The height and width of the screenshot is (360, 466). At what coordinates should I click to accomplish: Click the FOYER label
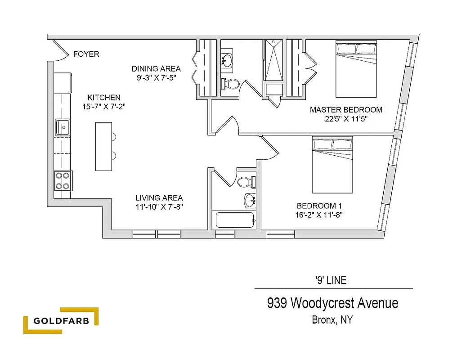(x=86, y=54)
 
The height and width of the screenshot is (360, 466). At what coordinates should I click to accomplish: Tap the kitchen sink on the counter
(x=62, y=127)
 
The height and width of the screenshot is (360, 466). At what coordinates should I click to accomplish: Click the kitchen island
(x=103, y=146)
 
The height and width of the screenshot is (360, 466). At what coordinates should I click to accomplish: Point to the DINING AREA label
(x=156, y=69)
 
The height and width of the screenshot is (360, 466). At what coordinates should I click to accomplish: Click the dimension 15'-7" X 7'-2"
(x=104, y=107)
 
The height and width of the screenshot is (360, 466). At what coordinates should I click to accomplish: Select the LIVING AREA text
(x=159, y=198)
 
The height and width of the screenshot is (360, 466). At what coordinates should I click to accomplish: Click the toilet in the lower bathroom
(x=246, y=182)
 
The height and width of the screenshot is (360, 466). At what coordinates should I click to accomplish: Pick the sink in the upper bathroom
(x=227, y=60)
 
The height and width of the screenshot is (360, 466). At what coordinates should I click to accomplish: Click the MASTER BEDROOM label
(x=346, y=109)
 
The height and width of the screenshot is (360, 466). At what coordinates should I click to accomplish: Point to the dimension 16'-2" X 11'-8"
(x=320, y=215)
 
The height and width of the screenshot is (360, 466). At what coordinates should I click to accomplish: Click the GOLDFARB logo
(x=61, y=321)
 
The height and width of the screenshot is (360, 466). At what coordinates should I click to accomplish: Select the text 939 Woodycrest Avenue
(x=332, y=303)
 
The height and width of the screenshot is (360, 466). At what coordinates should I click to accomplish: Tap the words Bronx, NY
(x=332, y=320)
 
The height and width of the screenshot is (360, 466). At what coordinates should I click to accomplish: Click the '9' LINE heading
(x=331, y=280)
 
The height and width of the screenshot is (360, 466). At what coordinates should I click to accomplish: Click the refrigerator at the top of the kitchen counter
(x=63, y=83)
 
